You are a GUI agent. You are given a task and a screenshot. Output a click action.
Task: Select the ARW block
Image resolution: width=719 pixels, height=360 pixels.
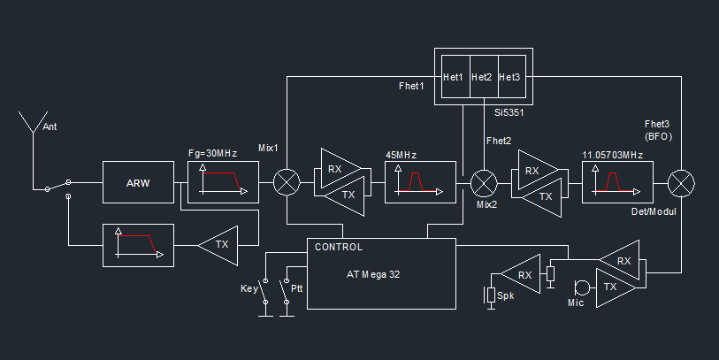(138, 184)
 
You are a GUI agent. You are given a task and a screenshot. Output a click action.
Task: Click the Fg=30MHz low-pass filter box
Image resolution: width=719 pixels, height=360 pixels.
(224, 182)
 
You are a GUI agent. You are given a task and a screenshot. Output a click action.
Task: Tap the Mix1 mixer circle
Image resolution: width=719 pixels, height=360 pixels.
(287, 183)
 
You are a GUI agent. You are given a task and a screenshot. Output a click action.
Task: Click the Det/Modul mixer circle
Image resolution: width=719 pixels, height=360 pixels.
(682, 183)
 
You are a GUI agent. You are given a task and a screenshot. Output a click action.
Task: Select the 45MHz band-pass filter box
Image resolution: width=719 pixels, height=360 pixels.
(421, 183)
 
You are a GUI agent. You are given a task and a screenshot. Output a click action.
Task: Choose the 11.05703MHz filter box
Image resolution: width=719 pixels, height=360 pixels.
(617, 183)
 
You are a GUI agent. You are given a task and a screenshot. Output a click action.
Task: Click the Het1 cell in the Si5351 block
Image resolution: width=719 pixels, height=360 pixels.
(454, 78)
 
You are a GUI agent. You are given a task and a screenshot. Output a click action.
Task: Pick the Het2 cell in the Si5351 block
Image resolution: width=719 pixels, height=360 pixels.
(482, 78)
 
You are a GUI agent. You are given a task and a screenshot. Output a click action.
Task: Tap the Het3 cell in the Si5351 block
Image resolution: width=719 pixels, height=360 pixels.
(509, 78)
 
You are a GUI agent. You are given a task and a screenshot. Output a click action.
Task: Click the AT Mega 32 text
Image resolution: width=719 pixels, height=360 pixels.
(373, 274)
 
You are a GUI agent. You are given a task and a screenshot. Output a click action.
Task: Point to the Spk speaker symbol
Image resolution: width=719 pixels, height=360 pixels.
(491, 295)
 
